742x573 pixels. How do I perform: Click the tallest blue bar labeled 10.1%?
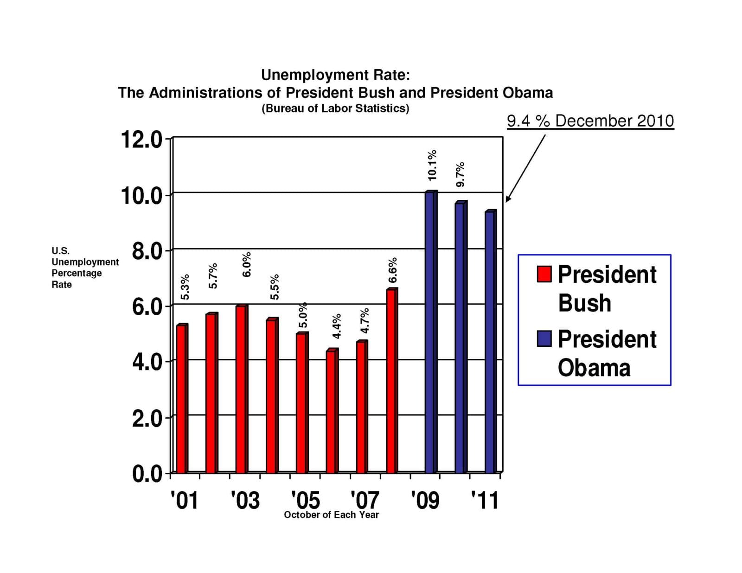point(430,332)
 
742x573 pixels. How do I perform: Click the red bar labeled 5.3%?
point(181,399)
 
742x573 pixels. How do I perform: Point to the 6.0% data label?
point(247,265)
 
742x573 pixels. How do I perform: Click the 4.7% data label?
point(365,320)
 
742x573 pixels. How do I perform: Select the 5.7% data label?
point(213,276)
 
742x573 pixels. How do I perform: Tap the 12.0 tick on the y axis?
point(141,140)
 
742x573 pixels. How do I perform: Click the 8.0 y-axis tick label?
point(147,252)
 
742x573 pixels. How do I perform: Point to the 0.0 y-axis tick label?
point(147,474)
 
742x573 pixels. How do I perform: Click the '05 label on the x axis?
point(306,500)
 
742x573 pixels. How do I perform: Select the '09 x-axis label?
point(425,500)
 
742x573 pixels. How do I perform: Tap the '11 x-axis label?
point(485,500)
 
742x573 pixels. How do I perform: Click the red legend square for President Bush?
point(544,274)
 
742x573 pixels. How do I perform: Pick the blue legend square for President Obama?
point(544,338)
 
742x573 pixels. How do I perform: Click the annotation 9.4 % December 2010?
point(590,121)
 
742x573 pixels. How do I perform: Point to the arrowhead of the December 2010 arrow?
point(507,200)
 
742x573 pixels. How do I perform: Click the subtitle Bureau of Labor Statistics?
point(335,108)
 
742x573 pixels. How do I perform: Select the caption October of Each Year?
point(331,515)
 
